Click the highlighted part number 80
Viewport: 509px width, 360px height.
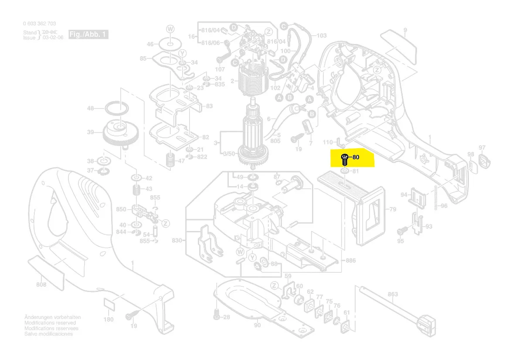[x=356, y=157]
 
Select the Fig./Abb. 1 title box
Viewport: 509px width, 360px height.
[x=88, y=34]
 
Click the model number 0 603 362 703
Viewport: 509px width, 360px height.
[x=39, y=24]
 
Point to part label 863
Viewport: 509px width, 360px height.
[x=393, y=294]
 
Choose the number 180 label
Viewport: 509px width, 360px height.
[x=108, y=319]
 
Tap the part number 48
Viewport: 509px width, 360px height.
[x=91, y=109]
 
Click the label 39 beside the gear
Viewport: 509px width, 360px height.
[x=91, y=132]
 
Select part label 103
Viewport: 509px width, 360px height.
[x=321, y=36]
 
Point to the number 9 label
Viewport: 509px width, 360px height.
[x=405, y=30]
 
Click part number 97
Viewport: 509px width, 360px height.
[x=482, y=148]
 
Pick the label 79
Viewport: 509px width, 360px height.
[x=393, y=210]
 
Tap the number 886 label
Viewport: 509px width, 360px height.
[x=350, y=261]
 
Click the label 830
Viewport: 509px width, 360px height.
[x=176, y=241]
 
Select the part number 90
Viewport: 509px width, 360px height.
[x=257, y=325]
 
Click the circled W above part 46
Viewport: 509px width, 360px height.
[x=170, y=29]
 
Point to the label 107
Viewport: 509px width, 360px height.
[x=220, y=70]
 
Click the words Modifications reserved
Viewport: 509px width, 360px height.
[x=50, y=323]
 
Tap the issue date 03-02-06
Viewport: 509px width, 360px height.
[x=53, y=38]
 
